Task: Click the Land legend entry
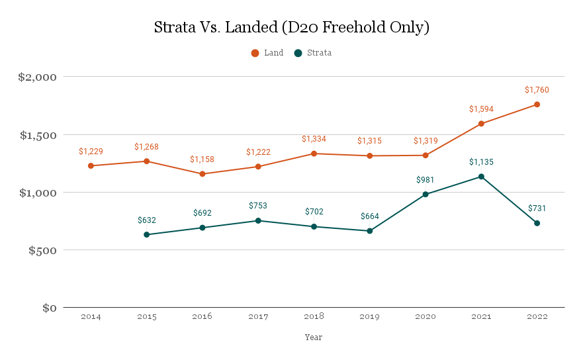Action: [x=267, y=53]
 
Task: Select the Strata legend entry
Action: [x=313, y=53]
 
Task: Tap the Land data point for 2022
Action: [x=537, y=105]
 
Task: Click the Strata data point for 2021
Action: [x=481, y=177]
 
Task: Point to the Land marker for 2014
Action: [x=91, y=165]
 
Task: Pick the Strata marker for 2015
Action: [x=146, y=234]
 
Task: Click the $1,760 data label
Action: [x=537, y=90]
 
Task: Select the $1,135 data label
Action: [x=481, y=162]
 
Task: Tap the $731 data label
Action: [x=537, y=209]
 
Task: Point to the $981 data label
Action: [x=426, y=180]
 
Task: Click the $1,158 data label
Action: [x=202, y=159]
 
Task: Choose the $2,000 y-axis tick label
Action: [x=38, y=77]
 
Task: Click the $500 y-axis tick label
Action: [x=41, y=251]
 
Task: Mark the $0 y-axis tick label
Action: [x=50, y=308]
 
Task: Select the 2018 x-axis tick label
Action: [x=314, y=317]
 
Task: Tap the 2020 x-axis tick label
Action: [x=426, y=317]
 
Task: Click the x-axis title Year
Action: [x=314, y=337]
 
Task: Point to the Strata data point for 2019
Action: [x=370, y=231]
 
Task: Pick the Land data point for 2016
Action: [x=202, y=173]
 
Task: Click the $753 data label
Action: [x=258, y=206]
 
